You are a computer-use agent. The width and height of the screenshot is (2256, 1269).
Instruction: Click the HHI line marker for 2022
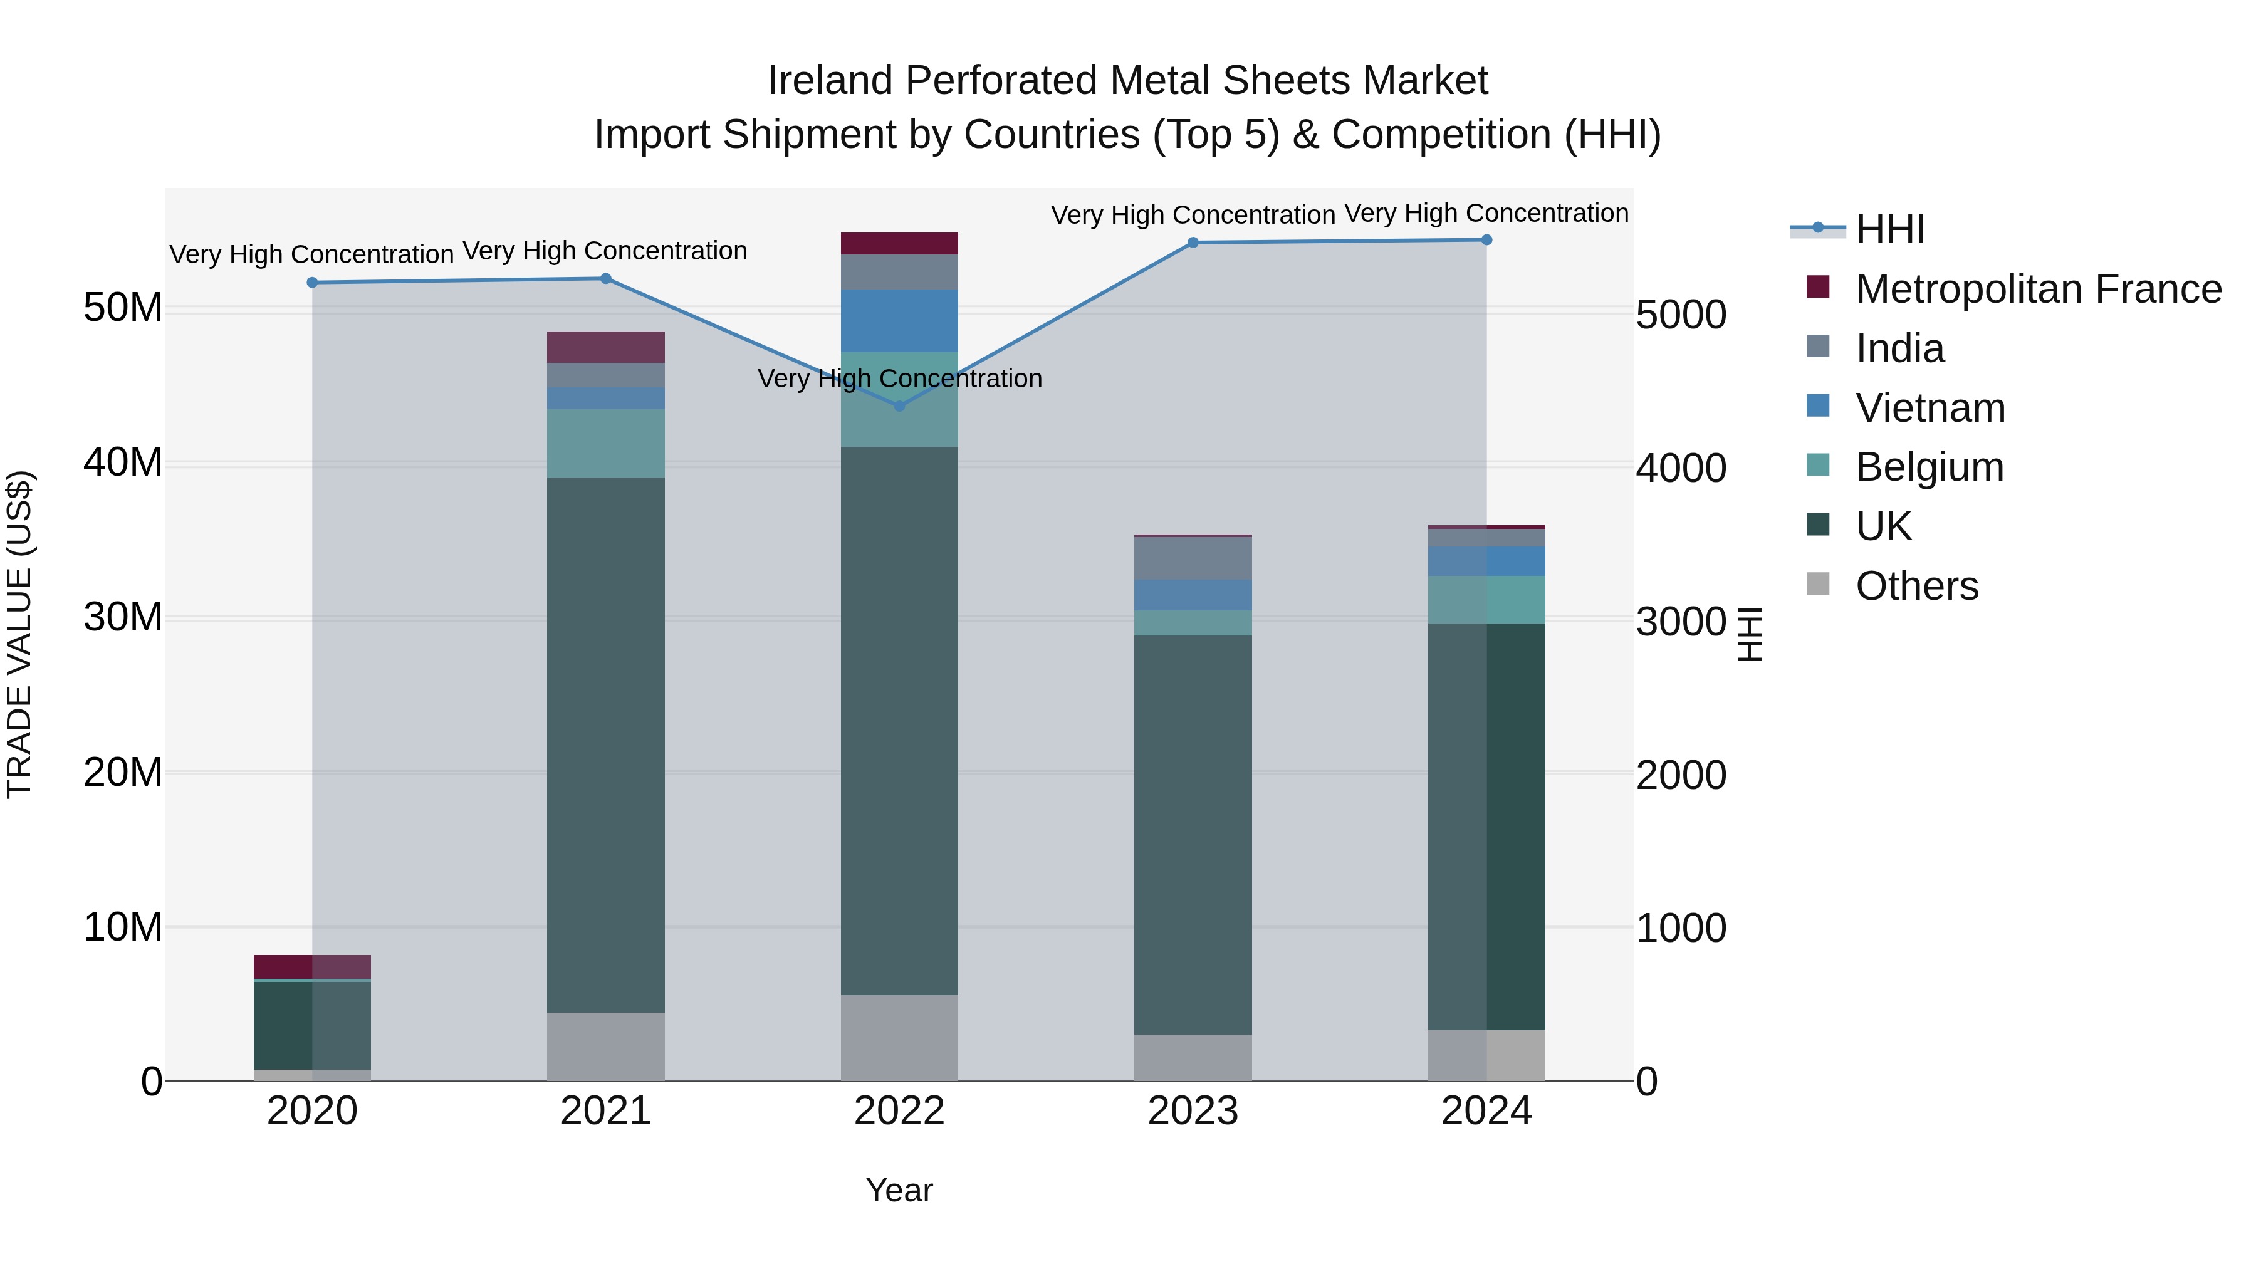[899, 405]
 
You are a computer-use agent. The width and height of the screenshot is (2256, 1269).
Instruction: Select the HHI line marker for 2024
[1486, 240]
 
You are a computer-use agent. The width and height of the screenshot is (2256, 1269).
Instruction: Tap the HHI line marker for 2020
[313, 283]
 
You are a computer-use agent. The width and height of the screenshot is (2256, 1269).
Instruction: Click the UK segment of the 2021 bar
[605, 744]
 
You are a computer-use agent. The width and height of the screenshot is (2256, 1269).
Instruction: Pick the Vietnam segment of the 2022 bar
[899, 320]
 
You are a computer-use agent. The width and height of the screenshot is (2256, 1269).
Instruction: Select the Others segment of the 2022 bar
[899, 1037]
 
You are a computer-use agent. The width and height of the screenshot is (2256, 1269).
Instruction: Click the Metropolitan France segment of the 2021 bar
[605, 347]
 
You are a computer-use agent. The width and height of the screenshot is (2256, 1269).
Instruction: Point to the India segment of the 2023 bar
[1192, 558]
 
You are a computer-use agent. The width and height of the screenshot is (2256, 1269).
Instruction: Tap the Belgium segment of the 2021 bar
[605, 443]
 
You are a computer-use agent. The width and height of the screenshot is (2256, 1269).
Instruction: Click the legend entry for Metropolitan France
[2037, 289]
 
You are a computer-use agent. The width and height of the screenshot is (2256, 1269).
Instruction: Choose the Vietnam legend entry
[1930, 408]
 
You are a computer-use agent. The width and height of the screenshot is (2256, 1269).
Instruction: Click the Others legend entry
[1916, 586]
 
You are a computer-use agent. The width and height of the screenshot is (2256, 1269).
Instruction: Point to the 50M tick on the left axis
[123, 308]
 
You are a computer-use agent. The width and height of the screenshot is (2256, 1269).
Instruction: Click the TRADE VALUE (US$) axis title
[19, 634]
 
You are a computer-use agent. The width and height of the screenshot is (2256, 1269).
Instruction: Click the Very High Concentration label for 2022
[899, 379]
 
